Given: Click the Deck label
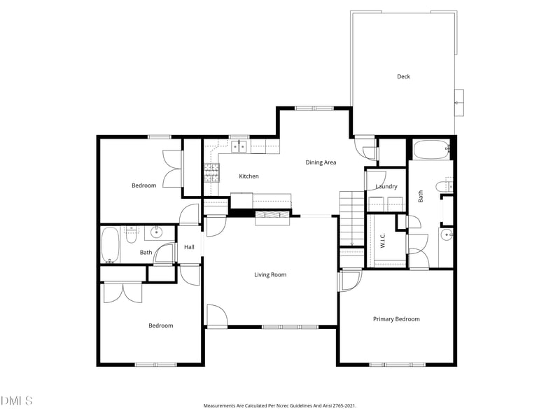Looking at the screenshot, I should (x=403, y=77).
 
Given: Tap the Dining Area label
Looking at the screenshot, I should (x=321, y=162).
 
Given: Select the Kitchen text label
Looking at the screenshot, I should (x=248, y=176).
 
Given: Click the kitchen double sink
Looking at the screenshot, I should (x=240, y=147).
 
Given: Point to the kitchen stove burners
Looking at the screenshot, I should (x=211, y=173).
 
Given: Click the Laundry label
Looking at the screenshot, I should (x=386, y=187).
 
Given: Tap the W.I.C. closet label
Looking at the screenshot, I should (x=383, y=241).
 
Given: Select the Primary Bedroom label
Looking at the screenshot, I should (x=396, y=319).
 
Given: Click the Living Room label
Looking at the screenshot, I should (x=270, y=275).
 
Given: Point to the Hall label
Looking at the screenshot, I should (x=189, y=247).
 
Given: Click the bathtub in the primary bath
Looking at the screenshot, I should (x=430, y=150).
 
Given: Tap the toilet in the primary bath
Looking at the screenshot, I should (x=444, y=186).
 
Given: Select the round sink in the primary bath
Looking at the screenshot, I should (x=447, y=235).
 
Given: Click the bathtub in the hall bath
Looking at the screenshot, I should (x=111, y=244).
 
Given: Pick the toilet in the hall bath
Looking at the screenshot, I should (x=131, y=235).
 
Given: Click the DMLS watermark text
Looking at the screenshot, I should (x=17, y=400).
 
